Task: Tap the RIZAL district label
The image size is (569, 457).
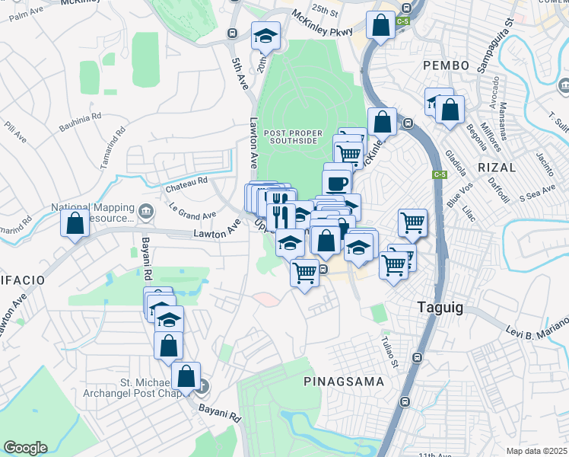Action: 497,167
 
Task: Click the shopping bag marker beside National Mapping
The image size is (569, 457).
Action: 75,224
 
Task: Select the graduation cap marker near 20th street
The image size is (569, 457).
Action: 265,35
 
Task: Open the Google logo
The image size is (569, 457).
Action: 25,448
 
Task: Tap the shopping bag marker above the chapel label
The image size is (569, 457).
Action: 186,376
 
